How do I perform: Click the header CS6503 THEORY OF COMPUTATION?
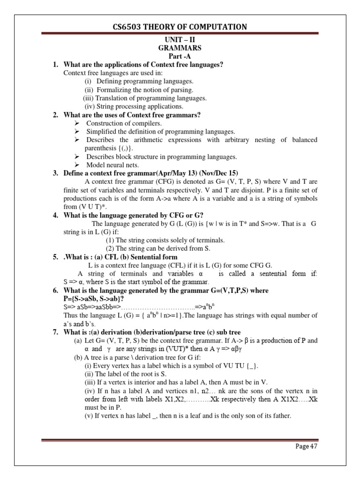click(x=180, y=27)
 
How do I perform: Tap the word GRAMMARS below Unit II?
click(x=180, y=48)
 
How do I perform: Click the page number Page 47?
click(x=307, y=447)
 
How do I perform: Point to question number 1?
click(x=55, y=64)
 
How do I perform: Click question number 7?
click(x=55, y=332)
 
